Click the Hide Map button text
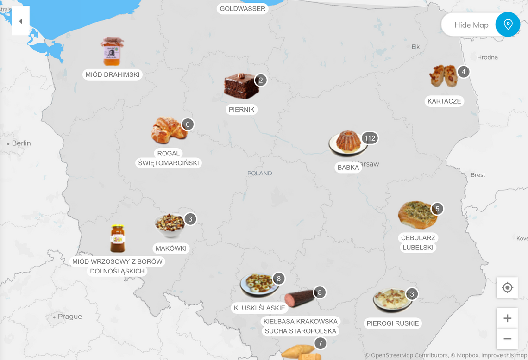click(471, 25)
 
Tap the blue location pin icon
click(508, 25)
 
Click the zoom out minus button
click(508, 339)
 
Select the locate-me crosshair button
click(508, 288)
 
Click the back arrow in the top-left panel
click(20, 21)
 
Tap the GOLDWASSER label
click(242, 9)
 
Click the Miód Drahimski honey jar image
click(112, 51)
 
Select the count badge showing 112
click(370, 138)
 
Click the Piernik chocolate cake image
click(241, 86)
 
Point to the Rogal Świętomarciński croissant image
click(169, 130)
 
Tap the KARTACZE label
click(444, 101)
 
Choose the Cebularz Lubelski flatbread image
click(417, 215)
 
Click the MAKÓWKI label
click(171, 248)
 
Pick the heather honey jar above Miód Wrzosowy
click(118, 239)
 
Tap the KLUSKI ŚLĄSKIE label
click(259, 308)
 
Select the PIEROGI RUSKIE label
click(392, 323)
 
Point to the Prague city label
click(70, 317)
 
